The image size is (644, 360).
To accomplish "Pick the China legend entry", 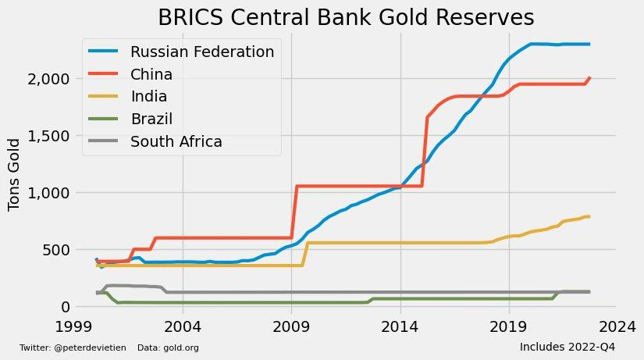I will [151, 75].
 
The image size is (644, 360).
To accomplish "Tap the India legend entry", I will [148, 97].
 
